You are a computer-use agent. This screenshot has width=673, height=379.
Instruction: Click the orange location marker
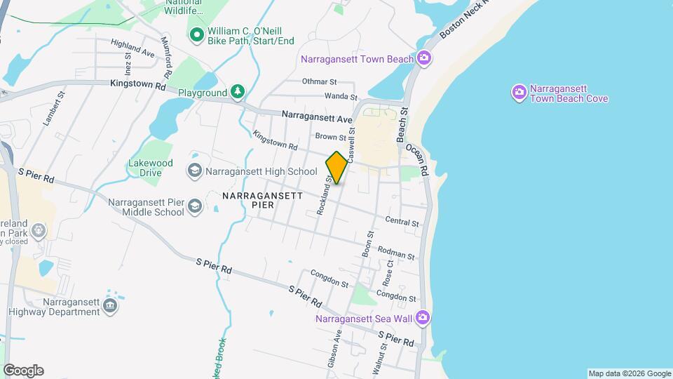336,168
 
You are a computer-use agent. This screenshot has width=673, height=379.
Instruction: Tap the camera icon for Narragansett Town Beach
423,58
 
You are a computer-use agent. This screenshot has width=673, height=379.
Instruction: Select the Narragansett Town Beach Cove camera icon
519,92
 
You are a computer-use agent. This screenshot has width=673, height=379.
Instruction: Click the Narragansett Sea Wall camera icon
422,318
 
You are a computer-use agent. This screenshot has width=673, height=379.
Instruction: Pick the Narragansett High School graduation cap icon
195,171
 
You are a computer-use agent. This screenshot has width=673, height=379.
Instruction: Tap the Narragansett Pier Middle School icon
195,206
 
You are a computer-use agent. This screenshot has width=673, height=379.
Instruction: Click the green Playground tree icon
238,92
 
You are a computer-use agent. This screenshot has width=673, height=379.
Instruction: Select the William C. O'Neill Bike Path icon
197,34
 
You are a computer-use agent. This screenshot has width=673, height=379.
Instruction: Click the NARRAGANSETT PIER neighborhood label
261,200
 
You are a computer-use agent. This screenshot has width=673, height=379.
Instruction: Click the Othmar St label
320,81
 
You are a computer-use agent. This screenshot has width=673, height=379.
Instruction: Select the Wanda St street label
341,97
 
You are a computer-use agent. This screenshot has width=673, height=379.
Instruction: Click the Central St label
402,222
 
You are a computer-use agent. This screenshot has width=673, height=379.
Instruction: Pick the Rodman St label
396,252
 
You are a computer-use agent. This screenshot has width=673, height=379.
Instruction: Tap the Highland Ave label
132,48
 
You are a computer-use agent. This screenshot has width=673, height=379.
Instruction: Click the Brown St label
331,138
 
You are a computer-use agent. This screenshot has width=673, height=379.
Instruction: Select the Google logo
23,371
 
